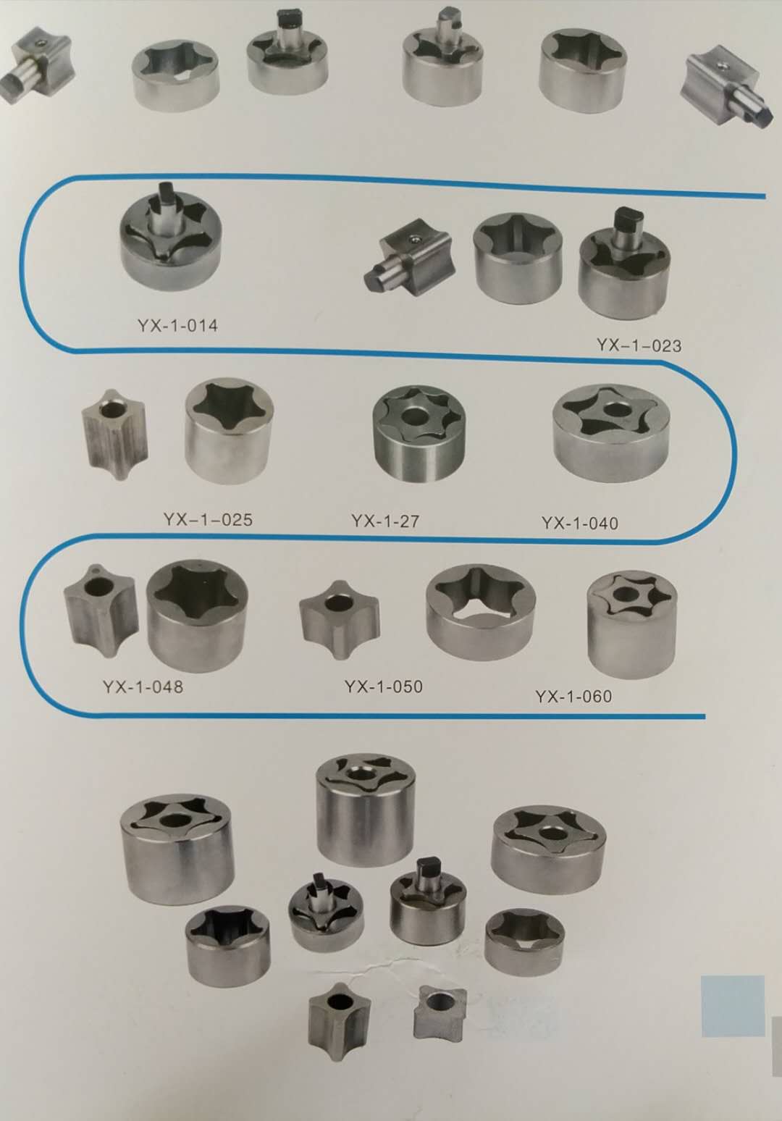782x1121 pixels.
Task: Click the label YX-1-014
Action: (177, 327)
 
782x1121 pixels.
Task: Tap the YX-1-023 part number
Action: (639, 345)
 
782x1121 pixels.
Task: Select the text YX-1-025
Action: (208, 519)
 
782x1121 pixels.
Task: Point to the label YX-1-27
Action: (384, 521)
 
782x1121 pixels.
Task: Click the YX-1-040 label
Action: (579, 523)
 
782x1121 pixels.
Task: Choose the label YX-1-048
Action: (143, 687)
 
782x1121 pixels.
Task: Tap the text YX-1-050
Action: (383, 686)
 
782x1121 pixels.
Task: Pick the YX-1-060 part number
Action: (573, 696)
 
